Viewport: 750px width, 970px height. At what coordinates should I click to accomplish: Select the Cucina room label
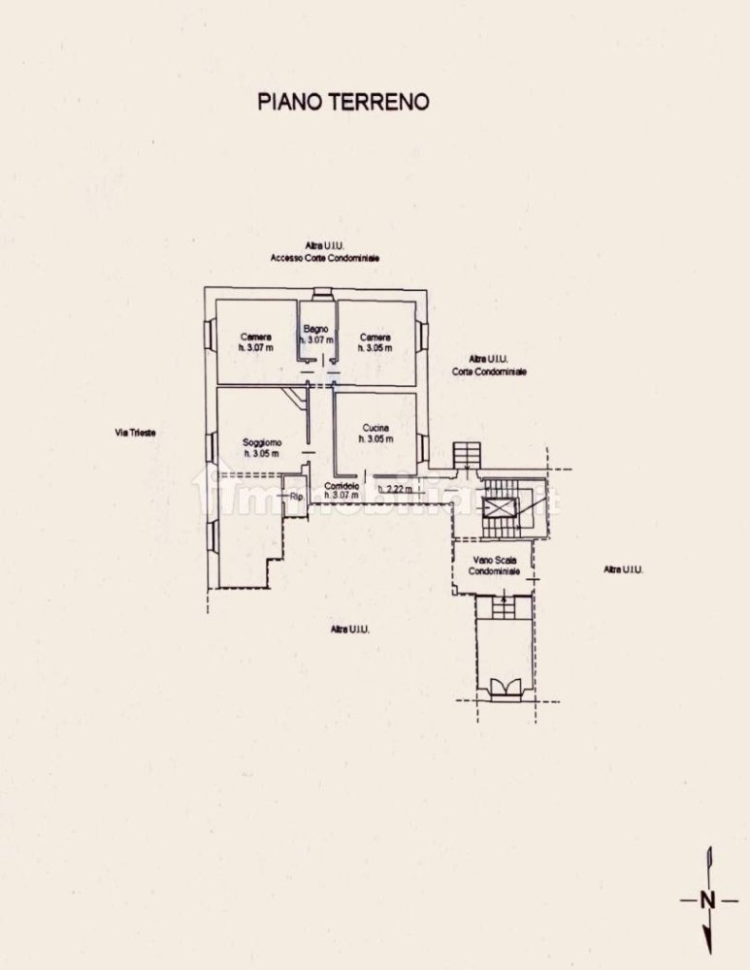pos(375,427)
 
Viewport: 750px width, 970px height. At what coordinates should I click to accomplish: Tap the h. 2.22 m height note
pos(395,489)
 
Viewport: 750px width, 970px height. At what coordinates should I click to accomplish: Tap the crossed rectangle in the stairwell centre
pos(501,507)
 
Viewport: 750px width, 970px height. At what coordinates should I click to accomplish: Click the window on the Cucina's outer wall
pos(423,447)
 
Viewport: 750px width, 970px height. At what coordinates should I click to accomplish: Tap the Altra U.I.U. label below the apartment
pos(350,630)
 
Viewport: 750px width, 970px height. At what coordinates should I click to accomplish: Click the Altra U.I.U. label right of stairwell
pos(624,569)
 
